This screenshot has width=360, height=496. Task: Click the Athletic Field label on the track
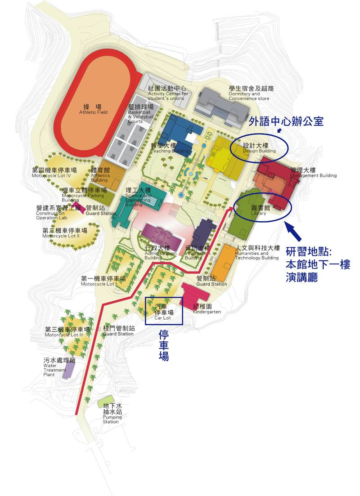tap(93, 109)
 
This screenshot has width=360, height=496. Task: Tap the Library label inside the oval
tap(258, 210)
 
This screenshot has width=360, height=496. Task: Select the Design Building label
tap(258, 148)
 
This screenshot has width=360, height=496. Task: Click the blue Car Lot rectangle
tap(164, 311)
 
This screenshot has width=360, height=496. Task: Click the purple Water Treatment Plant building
tap(68, 369)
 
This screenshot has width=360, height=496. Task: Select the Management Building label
tap(313, 173)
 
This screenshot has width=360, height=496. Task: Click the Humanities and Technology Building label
tap(257, 253)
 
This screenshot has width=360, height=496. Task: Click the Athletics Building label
tap(100, 175)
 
